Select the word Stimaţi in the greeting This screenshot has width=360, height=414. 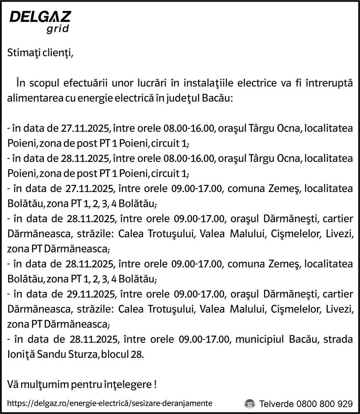click(23, 53)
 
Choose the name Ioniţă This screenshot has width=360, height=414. click(21, 355)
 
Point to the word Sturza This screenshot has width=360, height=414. click(83, 355)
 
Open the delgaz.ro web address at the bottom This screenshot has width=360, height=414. click(110, 403)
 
